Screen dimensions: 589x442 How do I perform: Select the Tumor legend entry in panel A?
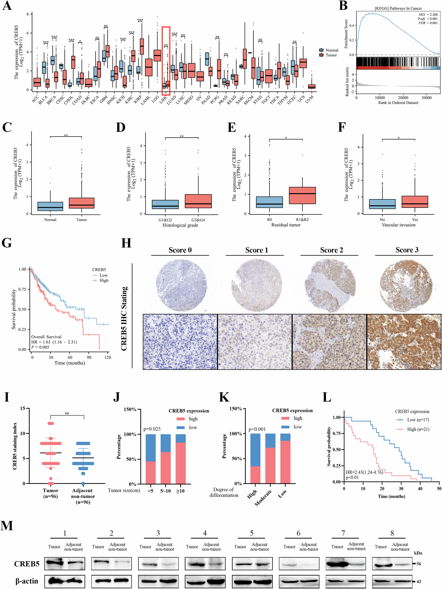(x=331, y=55)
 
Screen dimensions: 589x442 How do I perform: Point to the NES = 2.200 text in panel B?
(x=428, y=15)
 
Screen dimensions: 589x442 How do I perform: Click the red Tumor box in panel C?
(x=82, y=203)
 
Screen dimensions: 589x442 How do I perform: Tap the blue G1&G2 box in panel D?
(x=165, y=204)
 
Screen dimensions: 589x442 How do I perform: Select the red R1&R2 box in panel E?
(x=302, y=196)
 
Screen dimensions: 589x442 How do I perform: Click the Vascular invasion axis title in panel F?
(x=399, y=225)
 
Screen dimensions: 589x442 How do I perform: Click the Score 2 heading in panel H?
(x=331, y=250)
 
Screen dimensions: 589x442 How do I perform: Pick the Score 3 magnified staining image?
(x=404, y=342)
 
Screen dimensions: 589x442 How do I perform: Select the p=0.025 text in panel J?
(x=152, y=429)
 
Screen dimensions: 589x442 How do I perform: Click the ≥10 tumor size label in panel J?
(x=180, y=491)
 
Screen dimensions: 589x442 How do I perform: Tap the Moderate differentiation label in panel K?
(x=263, y=497)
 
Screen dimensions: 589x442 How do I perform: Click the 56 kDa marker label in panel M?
(x=419, y=564)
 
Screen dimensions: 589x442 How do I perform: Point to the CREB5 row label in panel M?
(x=27, y=564)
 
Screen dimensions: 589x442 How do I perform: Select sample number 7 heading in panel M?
(x=343, y=533)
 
